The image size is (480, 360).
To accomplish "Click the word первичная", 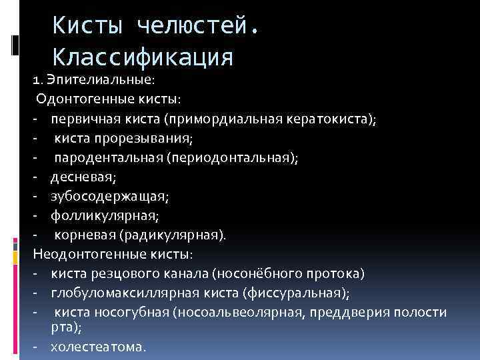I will click(81, 119).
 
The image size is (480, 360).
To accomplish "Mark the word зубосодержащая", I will click(109, 197).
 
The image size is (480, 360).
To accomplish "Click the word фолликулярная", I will click(105, 216).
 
